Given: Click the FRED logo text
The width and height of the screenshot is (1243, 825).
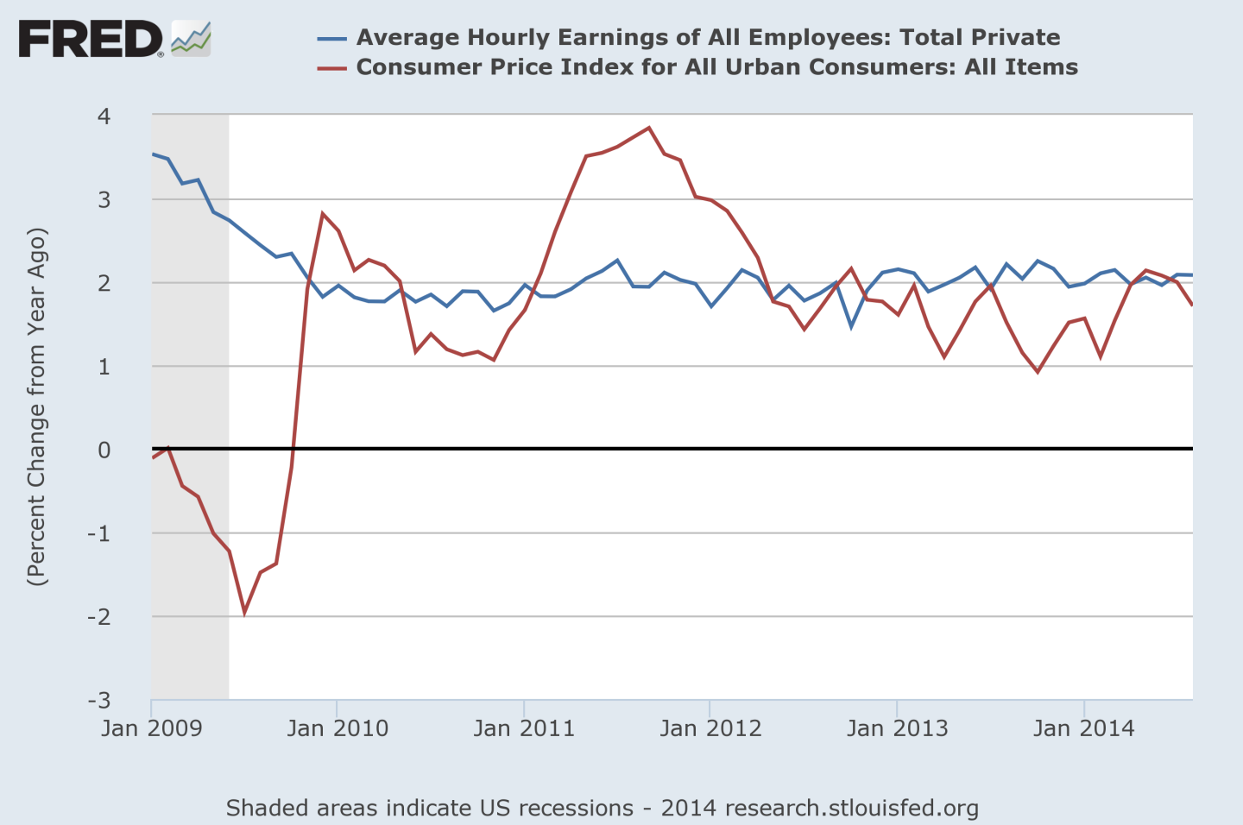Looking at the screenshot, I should point(90,40).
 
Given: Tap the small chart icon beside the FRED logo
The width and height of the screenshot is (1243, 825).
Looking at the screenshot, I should point(191,40).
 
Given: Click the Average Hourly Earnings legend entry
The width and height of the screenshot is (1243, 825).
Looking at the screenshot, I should point(708,37).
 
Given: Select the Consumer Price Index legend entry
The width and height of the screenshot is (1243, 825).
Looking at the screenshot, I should point(716,67).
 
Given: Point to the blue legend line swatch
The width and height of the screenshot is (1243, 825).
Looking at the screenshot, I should point(331,39).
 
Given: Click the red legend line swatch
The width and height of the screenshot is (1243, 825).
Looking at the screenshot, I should point(331,68).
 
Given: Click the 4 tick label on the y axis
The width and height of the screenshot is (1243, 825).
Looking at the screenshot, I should point(104,116).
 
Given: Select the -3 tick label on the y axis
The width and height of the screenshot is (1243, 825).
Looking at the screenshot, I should point(99,700).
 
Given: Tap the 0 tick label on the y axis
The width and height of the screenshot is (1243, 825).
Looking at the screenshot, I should point(104,450).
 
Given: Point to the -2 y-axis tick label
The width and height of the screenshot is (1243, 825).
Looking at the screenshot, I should point(99,616).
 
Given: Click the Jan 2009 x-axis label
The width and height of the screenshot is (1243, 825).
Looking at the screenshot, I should point(151,728).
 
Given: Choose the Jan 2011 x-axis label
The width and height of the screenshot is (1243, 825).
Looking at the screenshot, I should point(524,728).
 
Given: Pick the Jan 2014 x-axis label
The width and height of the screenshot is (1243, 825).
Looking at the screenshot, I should point(1083,728).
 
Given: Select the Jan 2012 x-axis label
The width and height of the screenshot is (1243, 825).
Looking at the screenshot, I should point(710,728).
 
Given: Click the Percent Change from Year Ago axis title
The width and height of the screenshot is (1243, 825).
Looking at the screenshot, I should point(36,407).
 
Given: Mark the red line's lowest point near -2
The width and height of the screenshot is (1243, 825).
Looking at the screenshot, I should point(245,612).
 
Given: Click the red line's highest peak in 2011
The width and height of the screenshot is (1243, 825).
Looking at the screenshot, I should point(648,128).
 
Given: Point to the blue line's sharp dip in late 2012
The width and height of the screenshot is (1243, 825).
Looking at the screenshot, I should point(852,326).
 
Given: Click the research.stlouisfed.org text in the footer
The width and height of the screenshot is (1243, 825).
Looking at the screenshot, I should point(852,808).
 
